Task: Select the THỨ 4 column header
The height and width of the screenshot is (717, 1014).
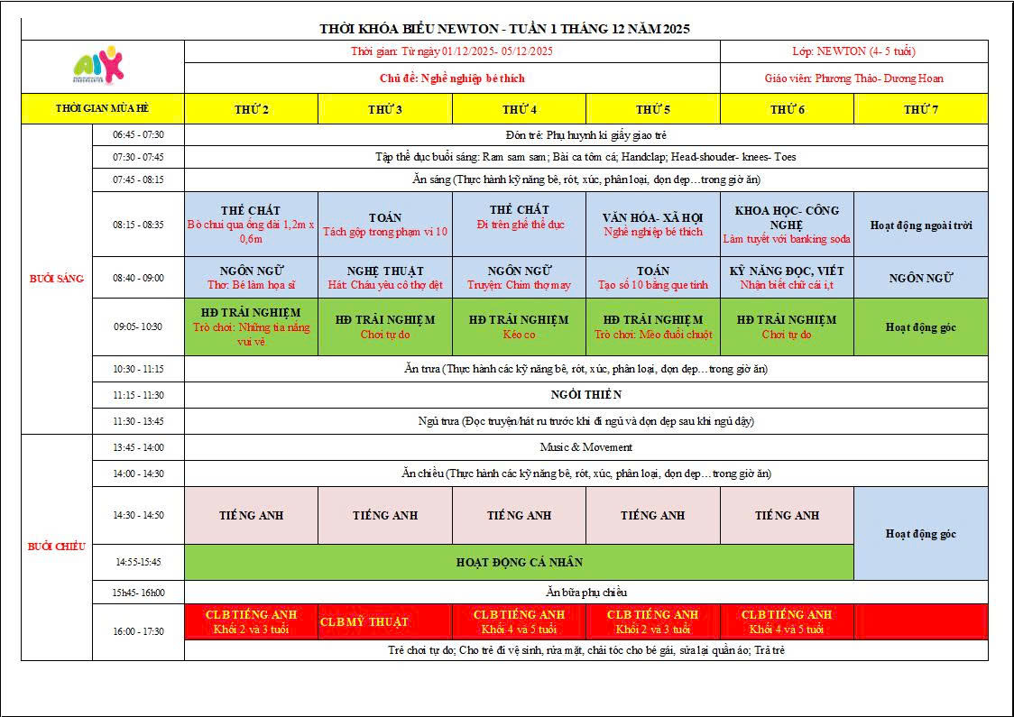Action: [x=519, y=109]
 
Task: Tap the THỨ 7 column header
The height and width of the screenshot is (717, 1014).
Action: [x=920, y=109]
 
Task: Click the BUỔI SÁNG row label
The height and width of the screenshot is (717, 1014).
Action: [x=56, y=279]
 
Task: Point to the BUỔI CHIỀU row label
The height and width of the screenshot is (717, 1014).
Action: [x=56, y=547]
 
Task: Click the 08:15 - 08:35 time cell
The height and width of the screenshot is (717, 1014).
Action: [x=138, y=225]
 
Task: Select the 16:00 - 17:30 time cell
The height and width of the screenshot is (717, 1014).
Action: [x=138, y=631]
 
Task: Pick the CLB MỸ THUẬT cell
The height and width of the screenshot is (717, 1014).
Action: [x=364, y=622]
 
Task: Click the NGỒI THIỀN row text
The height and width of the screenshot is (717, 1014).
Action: [x=585, y=394]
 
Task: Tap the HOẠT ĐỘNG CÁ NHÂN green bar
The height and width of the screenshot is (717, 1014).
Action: [x=519, y=562]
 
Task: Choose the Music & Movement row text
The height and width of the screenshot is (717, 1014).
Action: [x=585, y=447]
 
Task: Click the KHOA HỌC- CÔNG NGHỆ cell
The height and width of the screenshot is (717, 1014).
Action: [x=787, y=224]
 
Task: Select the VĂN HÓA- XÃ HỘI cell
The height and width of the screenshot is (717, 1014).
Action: [x=653, y=224]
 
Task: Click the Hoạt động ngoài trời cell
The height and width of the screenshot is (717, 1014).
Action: [x=920, y=225]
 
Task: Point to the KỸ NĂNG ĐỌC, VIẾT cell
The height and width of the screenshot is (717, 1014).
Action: [x=787, y=277]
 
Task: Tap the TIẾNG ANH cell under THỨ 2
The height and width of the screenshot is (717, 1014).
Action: [x=251, y=515]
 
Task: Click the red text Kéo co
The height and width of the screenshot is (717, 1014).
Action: [x=519, y=335]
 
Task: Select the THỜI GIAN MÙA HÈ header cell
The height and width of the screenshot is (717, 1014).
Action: [x=102, y=108]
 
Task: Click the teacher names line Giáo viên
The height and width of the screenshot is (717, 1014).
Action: [x=853, y=78]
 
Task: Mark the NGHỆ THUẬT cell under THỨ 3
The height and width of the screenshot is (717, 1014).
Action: [x=385, y=277]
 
